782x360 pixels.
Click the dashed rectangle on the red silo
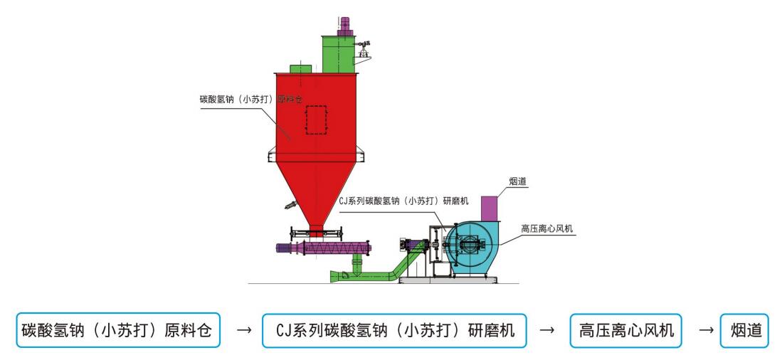(316, 119)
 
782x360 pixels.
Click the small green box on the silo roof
(300, 69)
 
